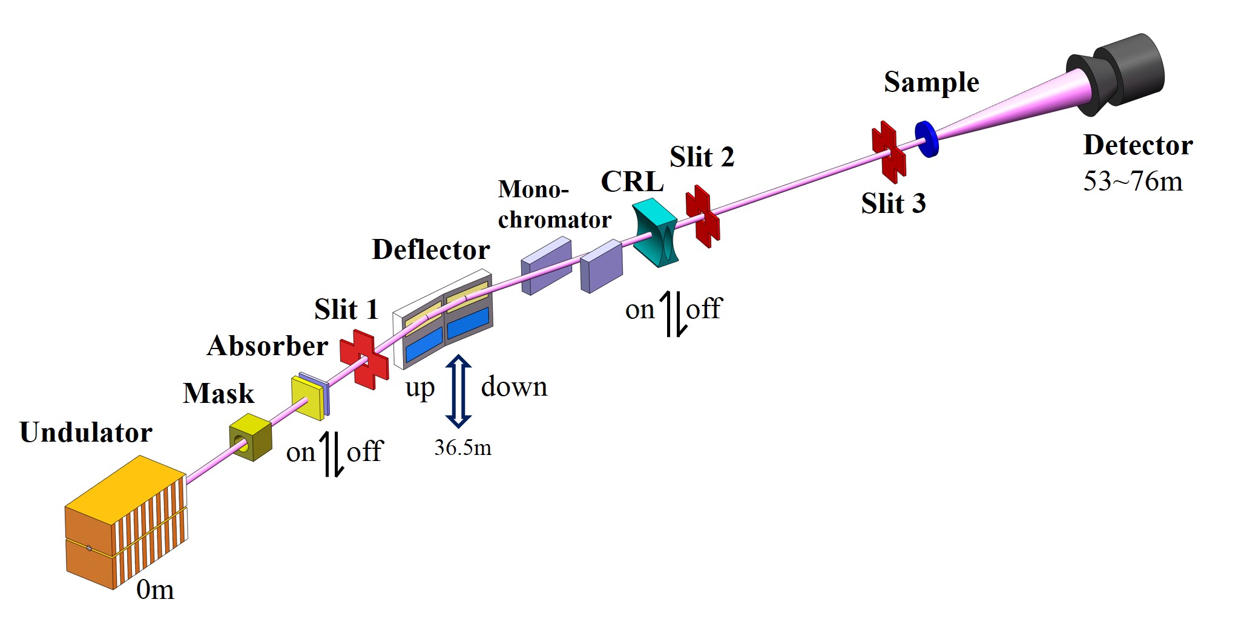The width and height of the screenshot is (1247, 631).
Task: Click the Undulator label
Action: (86, 433)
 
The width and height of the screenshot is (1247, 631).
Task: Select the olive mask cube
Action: (250, 437)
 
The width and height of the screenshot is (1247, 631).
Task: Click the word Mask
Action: (219, 394)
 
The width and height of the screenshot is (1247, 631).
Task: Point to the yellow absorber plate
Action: (308, 398)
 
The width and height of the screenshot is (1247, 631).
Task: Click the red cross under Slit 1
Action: (364, 359)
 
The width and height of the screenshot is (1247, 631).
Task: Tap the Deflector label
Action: (430, 250)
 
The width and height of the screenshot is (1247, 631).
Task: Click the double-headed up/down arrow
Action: (458, 391)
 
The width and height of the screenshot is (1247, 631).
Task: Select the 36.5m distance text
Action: (462, 448)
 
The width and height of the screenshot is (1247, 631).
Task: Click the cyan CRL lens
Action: (655, 232)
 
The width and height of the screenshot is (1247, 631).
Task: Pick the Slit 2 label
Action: (702, 157)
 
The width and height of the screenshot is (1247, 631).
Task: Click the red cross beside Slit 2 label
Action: (702, 216)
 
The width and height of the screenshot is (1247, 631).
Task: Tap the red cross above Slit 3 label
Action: (888, 151)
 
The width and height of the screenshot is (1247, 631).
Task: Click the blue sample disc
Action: (926, 139)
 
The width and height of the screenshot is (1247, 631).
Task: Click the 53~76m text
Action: (1133, 181)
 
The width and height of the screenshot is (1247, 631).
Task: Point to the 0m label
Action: (155, 590)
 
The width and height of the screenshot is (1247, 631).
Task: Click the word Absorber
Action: (267, 346)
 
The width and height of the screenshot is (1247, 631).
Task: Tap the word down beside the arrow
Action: (514, 387)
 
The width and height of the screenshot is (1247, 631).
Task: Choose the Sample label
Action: (931, 82)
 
